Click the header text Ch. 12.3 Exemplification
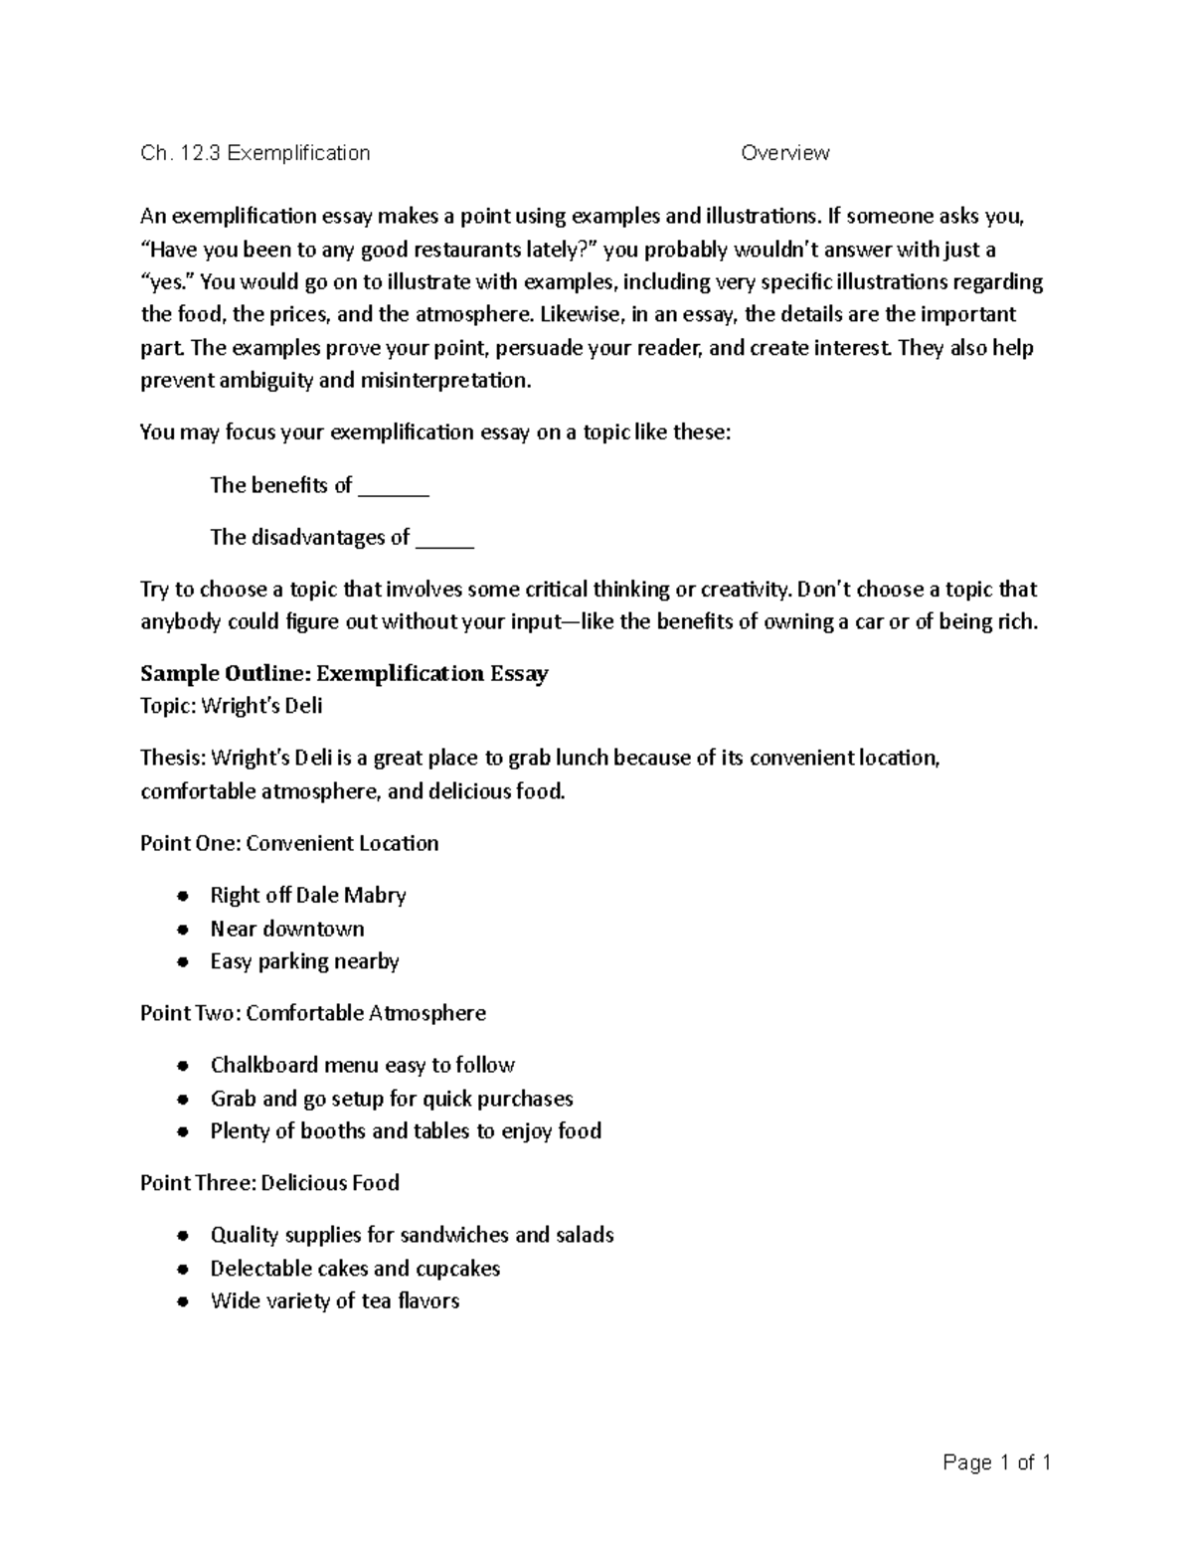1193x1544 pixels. click(255, 153)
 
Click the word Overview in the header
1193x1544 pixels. click(784, 153)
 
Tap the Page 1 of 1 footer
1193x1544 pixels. click(996, 1462)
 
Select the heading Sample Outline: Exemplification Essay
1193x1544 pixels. click(344, 674)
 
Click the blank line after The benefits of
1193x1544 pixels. click(393, 488)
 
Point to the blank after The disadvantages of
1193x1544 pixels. click(444, 540)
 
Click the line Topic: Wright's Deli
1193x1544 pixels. click(231, 707)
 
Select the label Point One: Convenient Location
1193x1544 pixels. click(289, 843)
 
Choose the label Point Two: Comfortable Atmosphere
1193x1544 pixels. click(313, 1013)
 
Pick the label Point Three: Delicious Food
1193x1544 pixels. click(269, 1183)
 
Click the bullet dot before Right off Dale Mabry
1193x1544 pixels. click(182, 897)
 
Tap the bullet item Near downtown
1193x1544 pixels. click(287, 929)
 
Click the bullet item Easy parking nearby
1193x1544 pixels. click(304, 961)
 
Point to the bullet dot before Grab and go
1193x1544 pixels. click(182, 1101)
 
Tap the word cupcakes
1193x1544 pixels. click(457, 1269)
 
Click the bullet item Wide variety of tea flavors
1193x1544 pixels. click(334, 1301)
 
